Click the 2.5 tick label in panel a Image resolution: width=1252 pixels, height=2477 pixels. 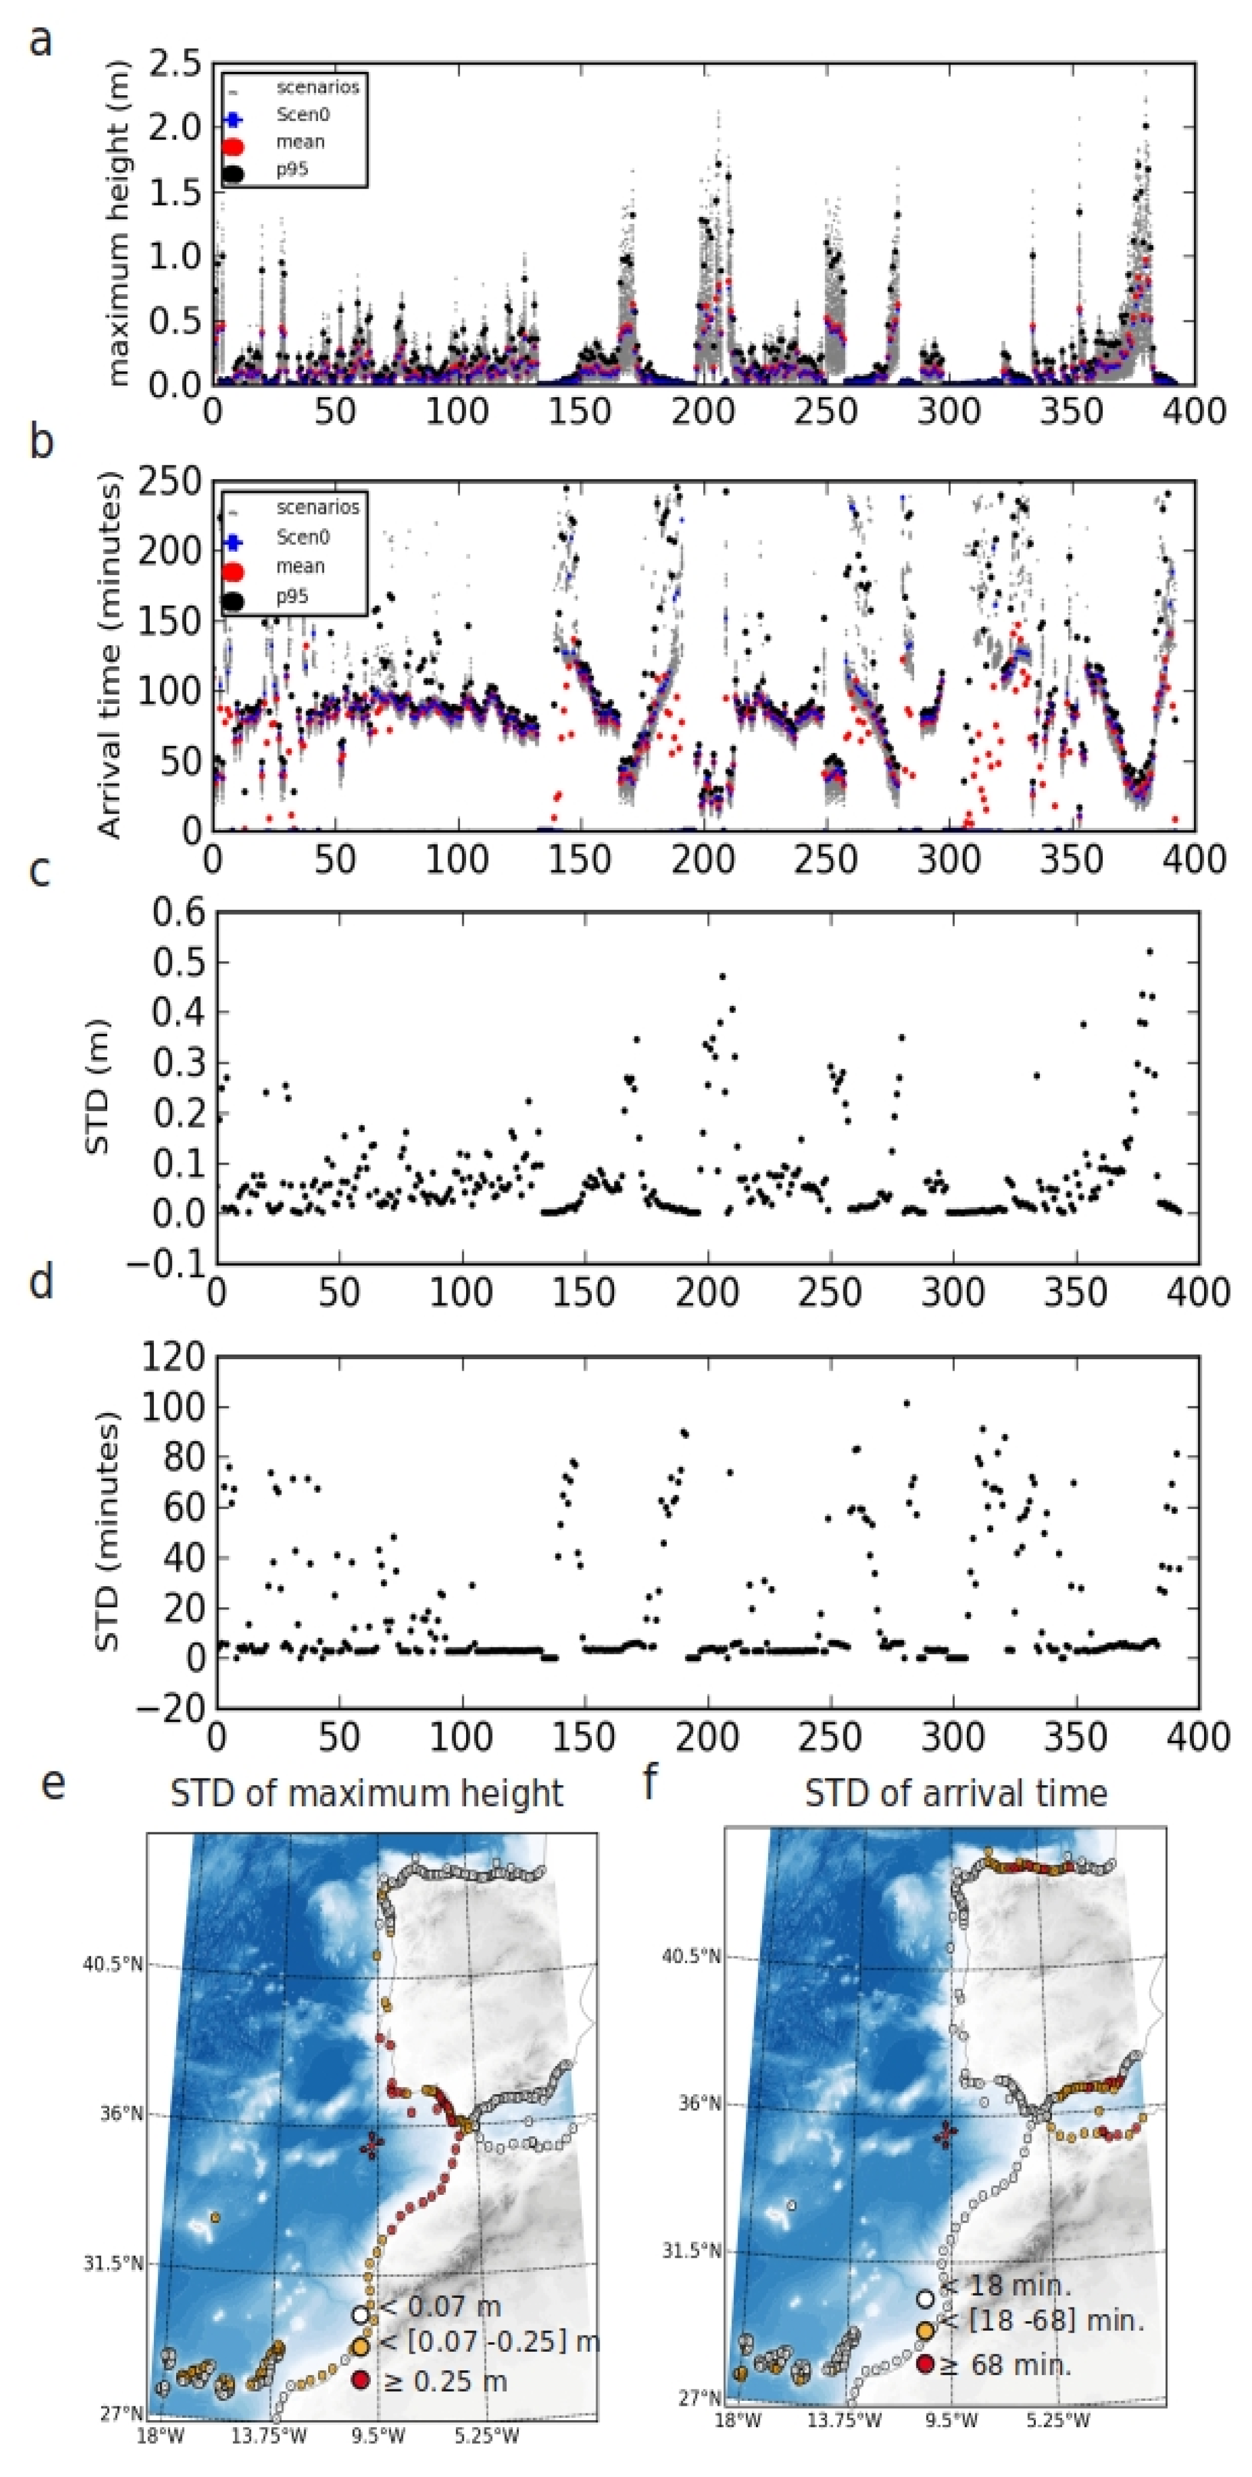[x=174, y=65]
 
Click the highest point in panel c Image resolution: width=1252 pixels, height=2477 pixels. [x=1149, y=952]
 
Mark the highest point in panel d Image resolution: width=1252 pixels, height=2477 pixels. [x=906, y=1403]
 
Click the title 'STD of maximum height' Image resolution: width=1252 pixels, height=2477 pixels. [x=367, y=1794]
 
